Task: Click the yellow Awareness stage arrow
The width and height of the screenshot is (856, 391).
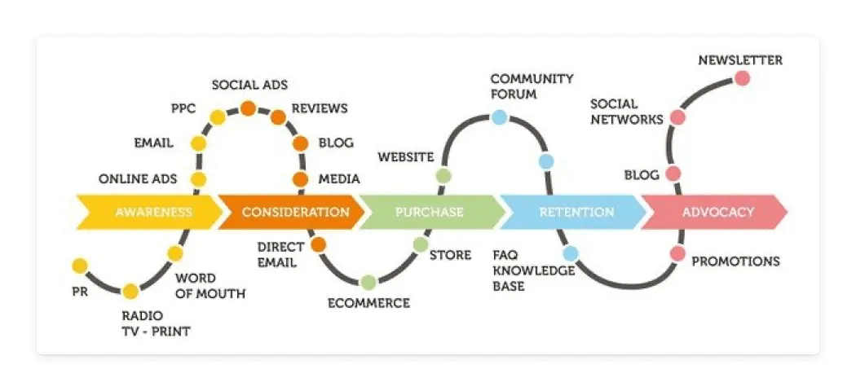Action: point(151,213)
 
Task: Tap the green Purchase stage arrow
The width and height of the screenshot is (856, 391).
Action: point(430,213)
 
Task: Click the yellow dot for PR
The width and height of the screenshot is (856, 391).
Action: point(80,266)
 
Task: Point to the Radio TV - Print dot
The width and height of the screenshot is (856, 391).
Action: point(130,291)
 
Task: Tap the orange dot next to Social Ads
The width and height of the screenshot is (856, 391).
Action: point(248,108)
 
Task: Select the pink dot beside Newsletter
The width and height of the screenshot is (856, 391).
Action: point(742,78)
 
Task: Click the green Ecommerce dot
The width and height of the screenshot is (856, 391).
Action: point(368,282)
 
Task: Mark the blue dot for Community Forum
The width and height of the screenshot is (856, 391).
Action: point(499,117)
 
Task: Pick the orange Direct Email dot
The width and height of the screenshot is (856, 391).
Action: point(319,244)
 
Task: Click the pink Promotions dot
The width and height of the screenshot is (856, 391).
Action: point(677,253)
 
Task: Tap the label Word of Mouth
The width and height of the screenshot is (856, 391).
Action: point(210,285)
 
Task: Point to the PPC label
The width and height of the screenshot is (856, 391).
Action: point(183,108)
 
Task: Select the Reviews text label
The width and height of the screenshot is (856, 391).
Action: point(320,108)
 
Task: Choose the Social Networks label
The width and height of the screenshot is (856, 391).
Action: point(626,112)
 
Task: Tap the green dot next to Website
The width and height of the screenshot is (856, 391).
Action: point(443,175)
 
